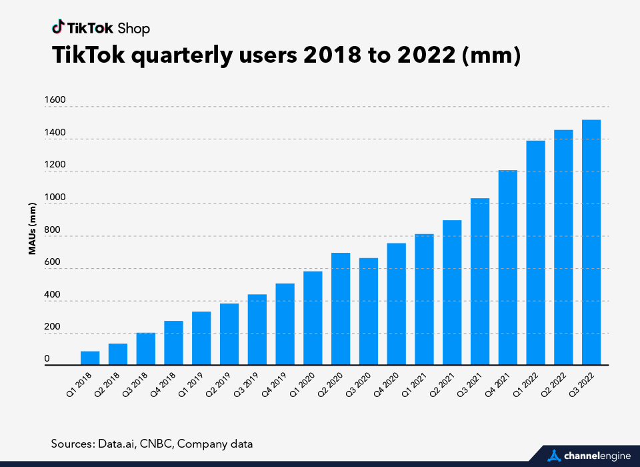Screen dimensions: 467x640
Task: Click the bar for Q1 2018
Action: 90,358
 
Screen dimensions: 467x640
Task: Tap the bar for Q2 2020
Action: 341,309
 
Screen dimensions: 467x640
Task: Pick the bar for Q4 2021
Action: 508,268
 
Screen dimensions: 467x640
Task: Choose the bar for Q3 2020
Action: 369,312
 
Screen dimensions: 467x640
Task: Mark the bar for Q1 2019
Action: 201,338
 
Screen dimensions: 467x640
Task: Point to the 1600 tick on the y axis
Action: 55,100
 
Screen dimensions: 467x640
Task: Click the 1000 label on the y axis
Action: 55,197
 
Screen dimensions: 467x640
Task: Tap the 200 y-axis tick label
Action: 52,327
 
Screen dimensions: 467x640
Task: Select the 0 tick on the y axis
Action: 47,359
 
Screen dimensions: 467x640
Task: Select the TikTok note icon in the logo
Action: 58,27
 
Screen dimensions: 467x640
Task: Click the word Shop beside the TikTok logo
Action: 133,29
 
